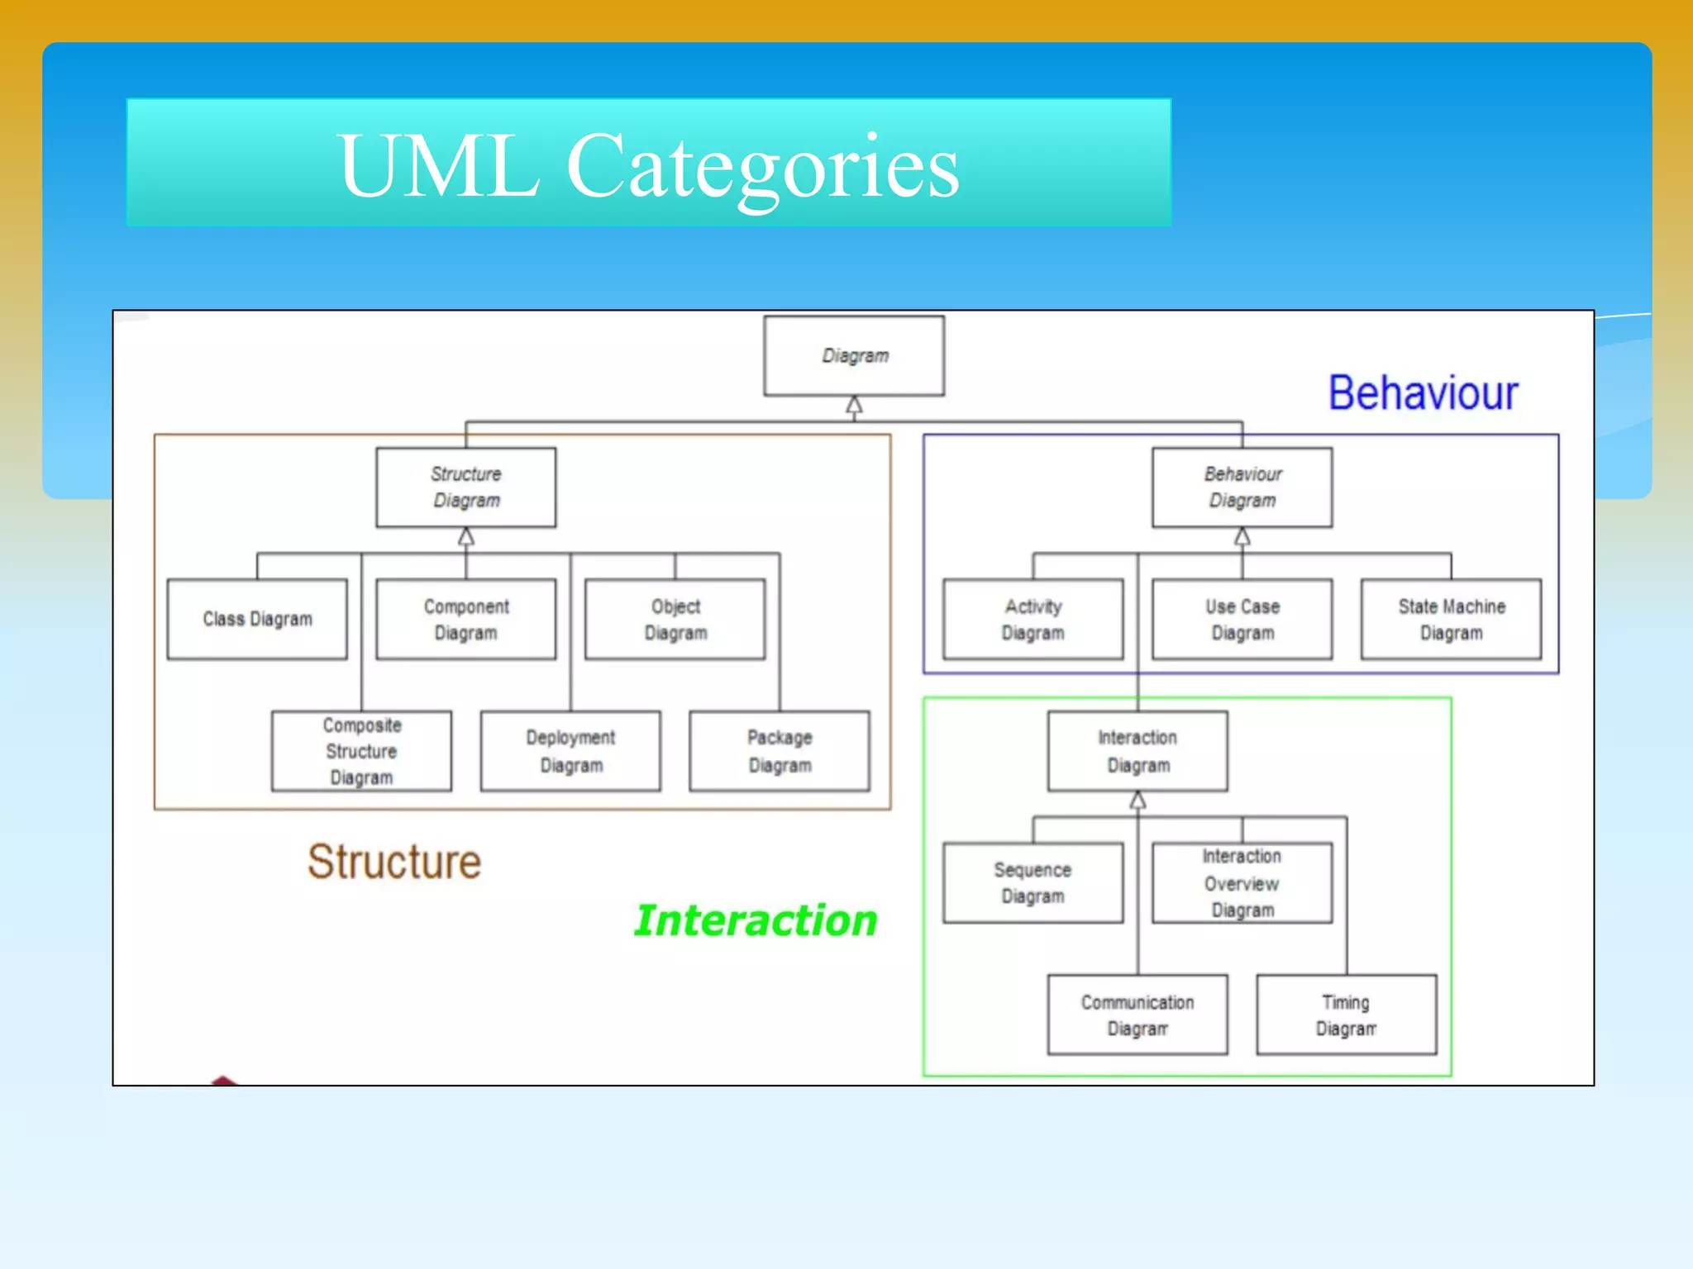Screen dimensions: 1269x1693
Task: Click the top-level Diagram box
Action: click(x=854, y=356)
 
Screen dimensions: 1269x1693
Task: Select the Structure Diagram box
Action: click(x=465, y=487)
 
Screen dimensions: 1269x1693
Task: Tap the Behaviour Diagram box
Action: click(x=1242, y=487)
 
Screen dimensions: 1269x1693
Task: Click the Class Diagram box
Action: click(x=257, y=619)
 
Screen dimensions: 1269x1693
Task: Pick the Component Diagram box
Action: click(x=465, y=619)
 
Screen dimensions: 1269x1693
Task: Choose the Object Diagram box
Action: click(x=675, y=619)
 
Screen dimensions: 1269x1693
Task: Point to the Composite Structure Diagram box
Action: click(x=361, y=751)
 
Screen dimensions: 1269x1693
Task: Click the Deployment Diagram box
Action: click(x=570, y=751)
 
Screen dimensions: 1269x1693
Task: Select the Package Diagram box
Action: click(x=780, y=751)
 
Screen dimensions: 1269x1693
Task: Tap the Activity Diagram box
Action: click(x=1032, y=619)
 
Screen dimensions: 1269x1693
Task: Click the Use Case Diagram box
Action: click(x=1242, y=619)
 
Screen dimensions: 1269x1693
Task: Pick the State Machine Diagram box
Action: click(x=1451, y=619)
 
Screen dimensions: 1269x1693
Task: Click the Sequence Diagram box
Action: click(x=1032, y=882)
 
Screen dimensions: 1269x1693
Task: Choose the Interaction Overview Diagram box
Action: click(x=1242, y=882)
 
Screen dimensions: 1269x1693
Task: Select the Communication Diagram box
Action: click(x=1137, y=1015)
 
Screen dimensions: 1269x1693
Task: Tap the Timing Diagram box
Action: click(x=1346, y=1015)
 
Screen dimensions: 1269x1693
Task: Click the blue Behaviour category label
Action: click(x=1423, y=392)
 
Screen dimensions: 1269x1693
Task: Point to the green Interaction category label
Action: click(x=755, y=920)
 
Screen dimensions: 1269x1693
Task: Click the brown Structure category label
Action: click(x=394, y=862)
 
